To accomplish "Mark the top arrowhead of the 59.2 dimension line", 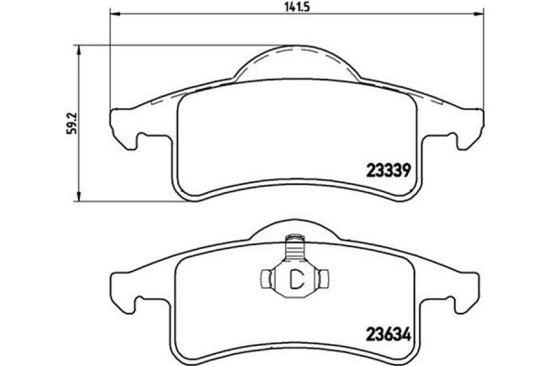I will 83,41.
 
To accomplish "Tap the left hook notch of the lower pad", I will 138,302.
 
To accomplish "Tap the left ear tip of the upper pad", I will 114,115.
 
